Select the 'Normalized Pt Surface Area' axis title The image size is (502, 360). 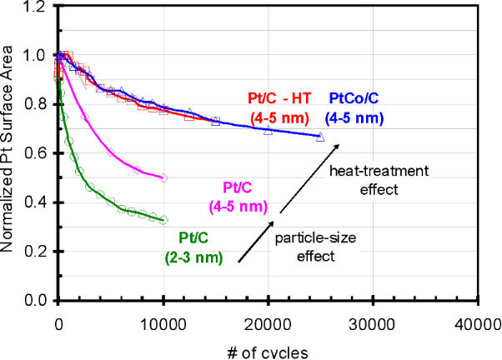point(13,154)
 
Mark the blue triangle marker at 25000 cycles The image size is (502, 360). point(320,137)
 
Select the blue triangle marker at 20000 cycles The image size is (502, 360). point(268,131)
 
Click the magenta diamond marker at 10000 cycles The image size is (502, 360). point(163,177)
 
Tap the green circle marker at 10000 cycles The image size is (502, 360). point(163,220)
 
